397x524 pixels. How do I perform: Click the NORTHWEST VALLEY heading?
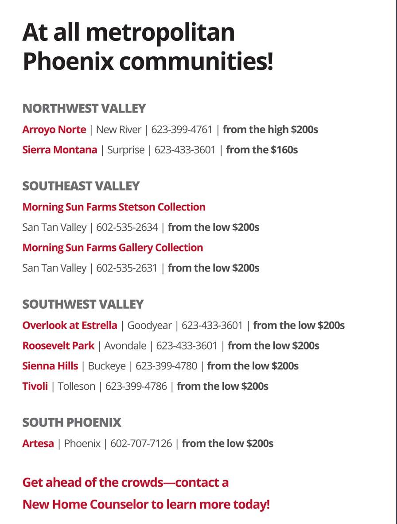(84, 109)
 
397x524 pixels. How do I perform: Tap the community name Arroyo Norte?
(54, 129)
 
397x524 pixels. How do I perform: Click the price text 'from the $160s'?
(262, 150)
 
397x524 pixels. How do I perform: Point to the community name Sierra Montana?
(59, 150)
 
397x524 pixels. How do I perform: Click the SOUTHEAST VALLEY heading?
(81, 186)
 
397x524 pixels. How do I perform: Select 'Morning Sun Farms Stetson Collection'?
(114, 207)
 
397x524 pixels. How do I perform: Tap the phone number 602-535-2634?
(127, 227)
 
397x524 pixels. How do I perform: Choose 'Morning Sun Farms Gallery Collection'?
(113, 247)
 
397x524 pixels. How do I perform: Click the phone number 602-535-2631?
(127, 268)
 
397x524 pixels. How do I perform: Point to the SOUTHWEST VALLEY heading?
(83, 304)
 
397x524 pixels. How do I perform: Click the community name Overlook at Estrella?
(70, 325)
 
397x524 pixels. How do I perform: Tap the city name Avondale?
(125, 345)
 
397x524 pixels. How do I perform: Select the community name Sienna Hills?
(50, 366)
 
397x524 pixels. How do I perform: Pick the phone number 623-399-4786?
(136, 386)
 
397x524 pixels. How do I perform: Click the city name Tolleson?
(76, 386)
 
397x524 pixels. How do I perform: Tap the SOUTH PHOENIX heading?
(71, 423)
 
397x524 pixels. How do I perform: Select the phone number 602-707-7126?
(141, 443)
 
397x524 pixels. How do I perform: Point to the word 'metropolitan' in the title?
(160, 33)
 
